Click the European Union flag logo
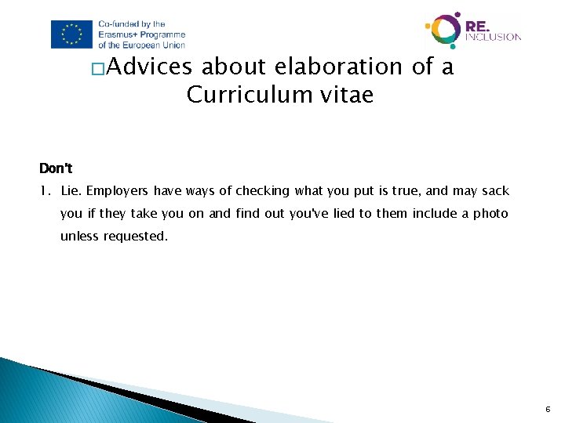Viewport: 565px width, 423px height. [x=72, y=34]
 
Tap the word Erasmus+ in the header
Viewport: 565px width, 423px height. [x=120, y=34]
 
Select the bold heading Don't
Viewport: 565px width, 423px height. [x=56, y=168]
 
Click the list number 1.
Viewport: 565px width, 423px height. [x=45, y=191]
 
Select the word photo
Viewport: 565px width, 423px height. [x=491, y=214]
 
